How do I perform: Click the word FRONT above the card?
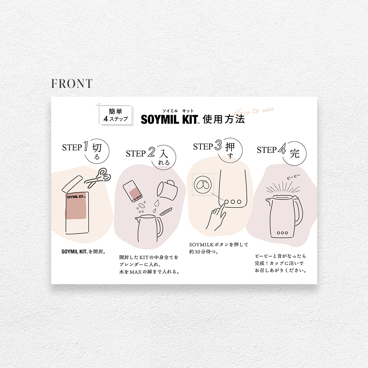[72, 84]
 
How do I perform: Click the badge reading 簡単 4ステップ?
[116, 115]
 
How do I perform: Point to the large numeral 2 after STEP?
[151, 153]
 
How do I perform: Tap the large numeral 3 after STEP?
[218, 145]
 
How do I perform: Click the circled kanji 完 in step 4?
[295, 153]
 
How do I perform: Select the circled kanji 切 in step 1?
[97, 148]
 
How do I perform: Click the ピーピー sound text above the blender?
[293, 176]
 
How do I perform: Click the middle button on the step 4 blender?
[282, 233]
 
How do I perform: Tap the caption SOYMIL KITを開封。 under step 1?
[83, 252]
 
